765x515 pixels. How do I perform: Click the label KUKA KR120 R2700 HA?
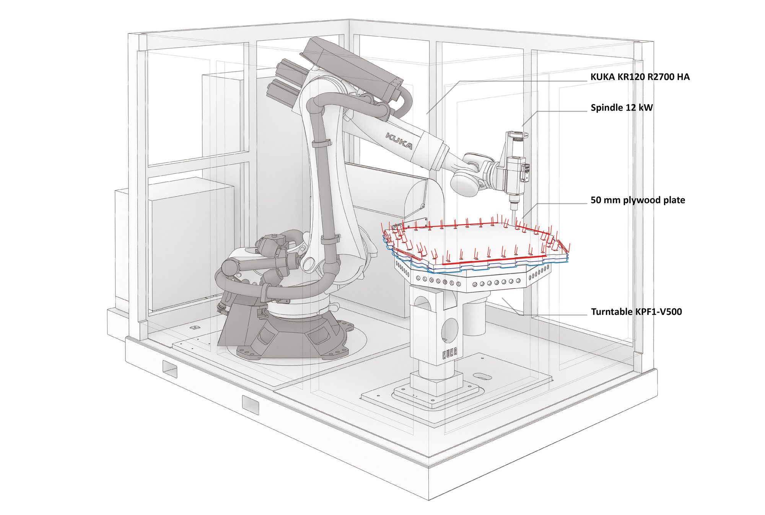click(640, 77)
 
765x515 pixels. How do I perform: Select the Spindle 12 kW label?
click(622, 108)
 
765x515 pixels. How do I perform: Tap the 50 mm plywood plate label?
click(638, 200)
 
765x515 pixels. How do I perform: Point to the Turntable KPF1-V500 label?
click(636, 312)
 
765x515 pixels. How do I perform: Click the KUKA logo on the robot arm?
click(399, 141)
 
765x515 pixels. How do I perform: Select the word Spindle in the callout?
click(606, 108)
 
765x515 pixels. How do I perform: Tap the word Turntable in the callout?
click(612, 312)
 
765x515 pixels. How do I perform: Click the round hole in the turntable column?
click(450, 329)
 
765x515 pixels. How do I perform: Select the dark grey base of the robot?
click(283, 337)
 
